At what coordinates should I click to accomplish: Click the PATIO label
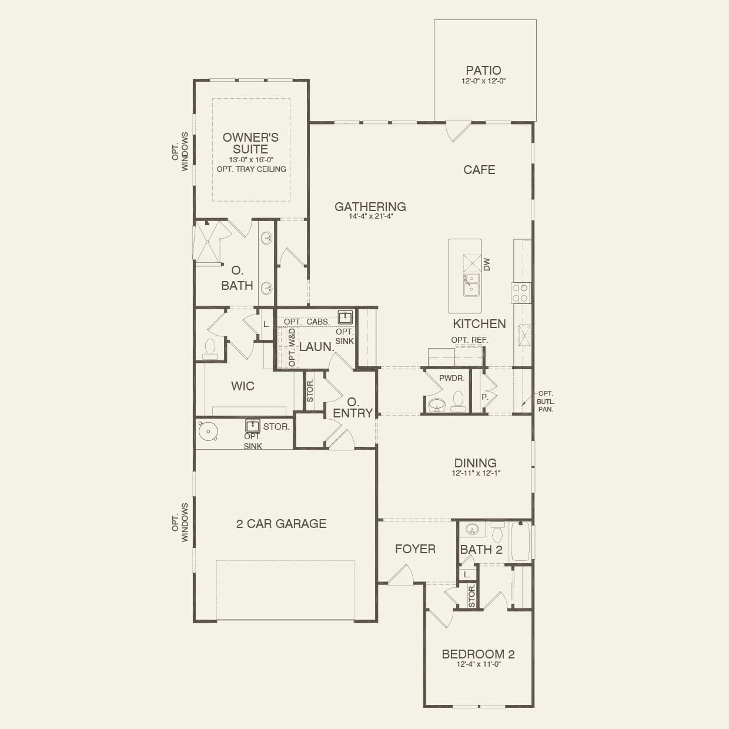tap(483, 71)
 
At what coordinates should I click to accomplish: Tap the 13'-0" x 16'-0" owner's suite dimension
tap(251, 160)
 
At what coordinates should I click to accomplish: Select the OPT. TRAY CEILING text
tap(251, 169)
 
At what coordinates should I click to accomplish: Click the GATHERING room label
tap(370, 206)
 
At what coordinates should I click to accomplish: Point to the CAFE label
tap(479, 170)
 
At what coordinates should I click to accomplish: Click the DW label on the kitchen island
tap(487, 264)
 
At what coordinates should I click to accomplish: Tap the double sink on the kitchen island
tap(471, 285)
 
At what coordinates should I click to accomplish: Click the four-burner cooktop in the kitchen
tap(520, 293)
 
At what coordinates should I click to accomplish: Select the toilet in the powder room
tap(459, 402)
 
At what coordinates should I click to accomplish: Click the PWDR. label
tap(452, 378)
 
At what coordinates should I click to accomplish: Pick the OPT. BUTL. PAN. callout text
tap(545, 402)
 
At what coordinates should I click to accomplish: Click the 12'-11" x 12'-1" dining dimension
tap(476, 473)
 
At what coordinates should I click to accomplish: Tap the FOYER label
tap(415, 549)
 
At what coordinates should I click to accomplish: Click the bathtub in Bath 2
tap(521, 541)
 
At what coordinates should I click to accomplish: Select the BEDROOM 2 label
tap(478, 654)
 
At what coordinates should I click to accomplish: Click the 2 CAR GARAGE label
tap(281, 524)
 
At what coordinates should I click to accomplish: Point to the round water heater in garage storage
tap(208, 432)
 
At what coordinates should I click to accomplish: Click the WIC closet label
tap(243, 386)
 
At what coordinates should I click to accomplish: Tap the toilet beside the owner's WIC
tap(209, 349)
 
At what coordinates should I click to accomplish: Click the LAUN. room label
tap(317, 347)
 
